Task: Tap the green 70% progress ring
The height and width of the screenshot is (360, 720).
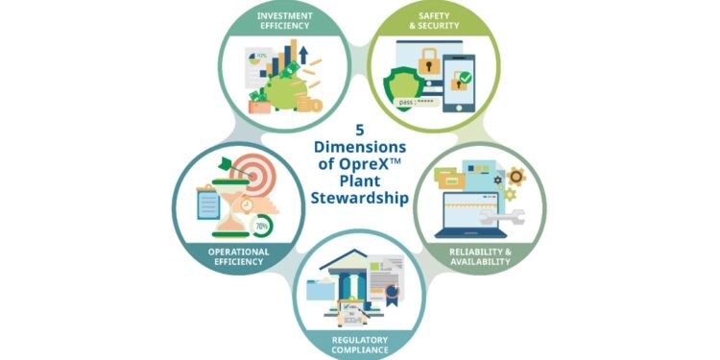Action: (259, 226)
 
